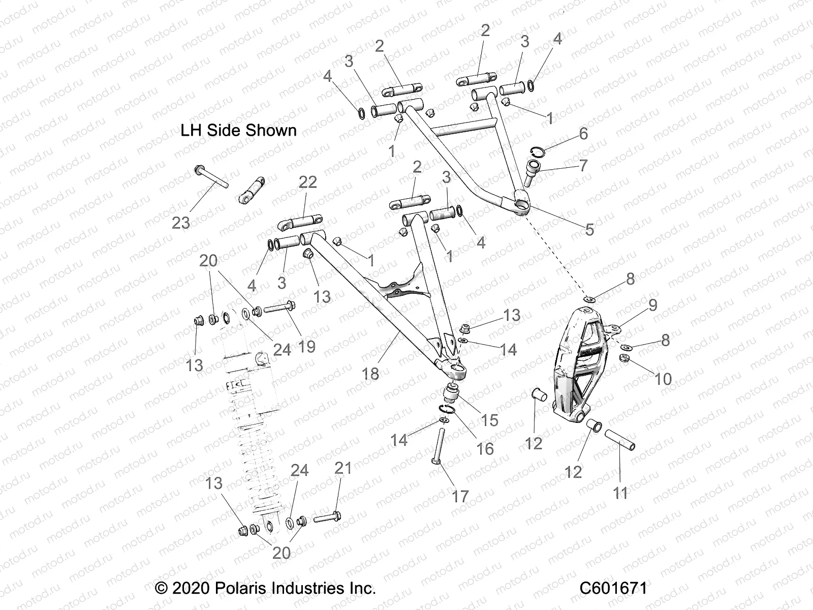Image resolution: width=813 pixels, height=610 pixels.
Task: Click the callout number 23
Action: coord(180,223)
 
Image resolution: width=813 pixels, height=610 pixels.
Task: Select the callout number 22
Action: coord(308,182)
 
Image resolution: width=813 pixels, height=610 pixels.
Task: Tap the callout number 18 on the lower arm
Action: coord(370,374)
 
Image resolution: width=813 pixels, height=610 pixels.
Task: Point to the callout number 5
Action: coord(589,229)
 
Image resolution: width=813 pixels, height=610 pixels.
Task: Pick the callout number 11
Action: coord(620,493)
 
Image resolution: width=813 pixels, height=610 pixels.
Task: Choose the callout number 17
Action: coord(460,496)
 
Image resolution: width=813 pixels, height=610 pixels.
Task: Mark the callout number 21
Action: coord(343,468)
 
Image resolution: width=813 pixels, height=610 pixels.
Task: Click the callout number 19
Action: coord(306,346)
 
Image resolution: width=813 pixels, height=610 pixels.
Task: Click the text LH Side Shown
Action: coord(238,131)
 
